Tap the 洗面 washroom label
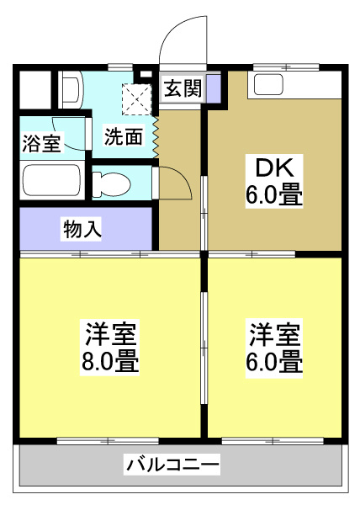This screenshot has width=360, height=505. [123, 136]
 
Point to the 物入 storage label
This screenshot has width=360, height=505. [82, 228]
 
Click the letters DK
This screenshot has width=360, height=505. [264, 166]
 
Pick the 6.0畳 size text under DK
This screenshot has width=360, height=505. [274, 196]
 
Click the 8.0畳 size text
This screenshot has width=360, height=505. [110, 363]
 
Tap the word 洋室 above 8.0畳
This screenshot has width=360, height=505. [110, 333]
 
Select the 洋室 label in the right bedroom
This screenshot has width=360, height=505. [274, 333]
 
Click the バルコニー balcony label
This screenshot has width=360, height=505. [173, 464]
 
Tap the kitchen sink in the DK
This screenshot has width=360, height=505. [271, 84]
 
